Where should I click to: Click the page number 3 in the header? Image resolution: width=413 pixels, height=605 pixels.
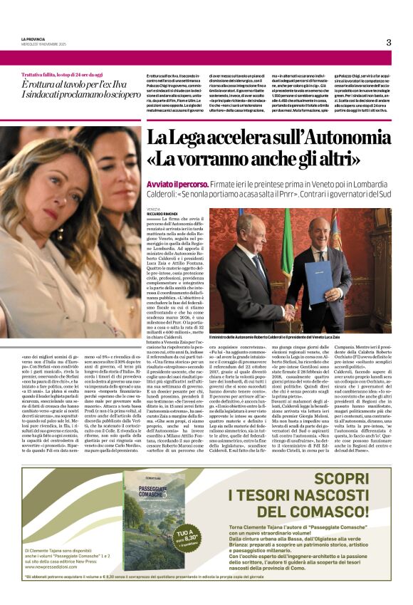point(389,43)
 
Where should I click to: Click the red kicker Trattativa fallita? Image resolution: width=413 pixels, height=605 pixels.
point(48,74)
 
